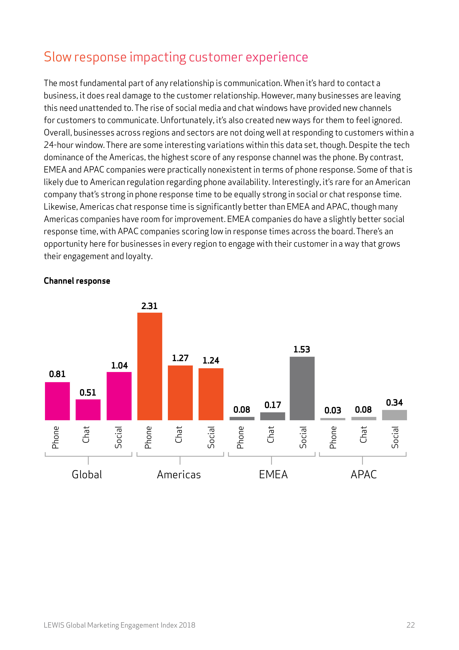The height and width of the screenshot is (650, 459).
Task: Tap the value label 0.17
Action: (273, 405)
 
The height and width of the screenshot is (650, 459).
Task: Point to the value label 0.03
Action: (333, 410)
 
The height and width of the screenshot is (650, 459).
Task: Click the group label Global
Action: (87, 475)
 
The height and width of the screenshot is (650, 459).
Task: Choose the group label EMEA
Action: (273, 475)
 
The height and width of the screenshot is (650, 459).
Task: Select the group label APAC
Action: (364, 475)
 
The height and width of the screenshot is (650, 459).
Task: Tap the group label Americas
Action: (179, 475)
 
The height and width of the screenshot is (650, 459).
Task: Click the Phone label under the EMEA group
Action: (240, 437)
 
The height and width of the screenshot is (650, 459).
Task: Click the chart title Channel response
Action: (77, 281)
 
